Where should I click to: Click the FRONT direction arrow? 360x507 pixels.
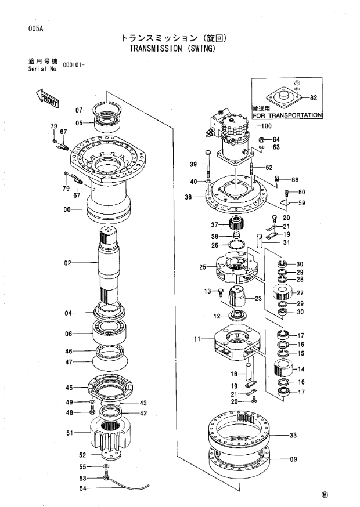(x=47, y=97)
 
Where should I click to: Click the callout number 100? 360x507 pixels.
(x=266, y=126)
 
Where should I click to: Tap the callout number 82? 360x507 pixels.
(x=314, y=97)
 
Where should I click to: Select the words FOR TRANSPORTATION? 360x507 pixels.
(x=287, y=115)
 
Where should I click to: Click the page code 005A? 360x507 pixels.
(x=35, y=28)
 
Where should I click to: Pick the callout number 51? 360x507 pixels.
(x=70, y=433)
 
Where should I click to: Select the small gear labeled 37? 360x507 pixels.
(x=236, y=224)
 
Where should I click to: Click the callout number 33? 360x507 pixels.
(x=293, y=435)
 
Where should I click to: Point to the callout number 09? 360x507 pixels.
(x=293, y=459)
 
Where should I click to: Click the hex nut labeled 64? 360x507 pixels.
(x=262, y=140)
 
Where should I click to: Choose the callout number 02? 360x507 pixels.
(x=67, y=263)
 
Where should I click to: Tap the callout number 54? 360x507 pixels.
(x=83, y=488)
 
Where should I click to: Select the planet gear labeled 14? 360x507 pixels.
(x=283, y=368)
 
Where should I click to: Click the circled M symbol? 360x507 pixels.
(x=325, y=495)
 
